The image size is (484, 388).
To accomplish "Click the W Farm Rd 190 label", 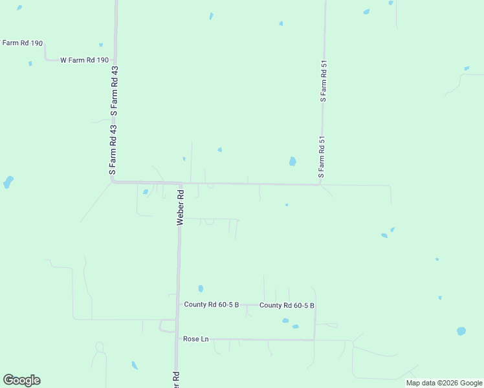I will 85,60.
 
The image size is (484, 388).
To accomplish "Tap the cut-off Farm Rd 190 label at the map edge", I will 22,43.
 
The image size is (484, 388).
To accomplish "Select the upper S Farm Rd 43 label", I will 115,91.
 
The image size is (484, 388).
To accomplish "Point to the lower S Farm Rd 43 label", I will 113,151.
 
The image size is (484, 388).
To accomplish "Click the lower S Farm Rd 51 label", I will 321,158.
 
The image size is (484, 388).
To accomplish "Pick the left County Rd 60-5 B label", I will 212,305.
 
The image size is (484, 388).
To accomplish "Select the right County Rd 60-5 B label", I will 287,305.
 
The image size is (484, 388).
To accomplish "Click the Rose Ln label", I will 196,339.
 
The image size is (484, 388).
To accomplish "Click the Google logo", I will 22,380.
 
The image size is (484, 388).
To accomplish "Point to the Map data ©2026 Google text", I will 445,383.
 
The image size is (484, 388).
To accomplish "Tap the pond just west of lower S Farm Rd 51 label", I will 292,161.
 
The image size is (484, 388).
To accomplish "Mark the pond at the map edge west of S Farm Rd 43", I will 8,182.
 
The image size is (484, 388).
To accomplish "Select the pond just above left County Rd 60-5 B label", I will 201,288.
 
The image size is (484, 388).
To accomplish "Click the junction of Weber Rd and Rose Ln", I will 177,338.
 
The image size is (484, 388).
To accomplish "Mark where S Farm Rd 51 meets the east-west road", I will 320,185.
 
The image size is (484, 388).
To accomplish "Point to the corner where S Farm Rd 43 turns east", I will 113,182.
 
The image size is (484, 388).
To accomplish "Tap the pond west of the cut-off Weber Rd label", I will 135,365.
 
